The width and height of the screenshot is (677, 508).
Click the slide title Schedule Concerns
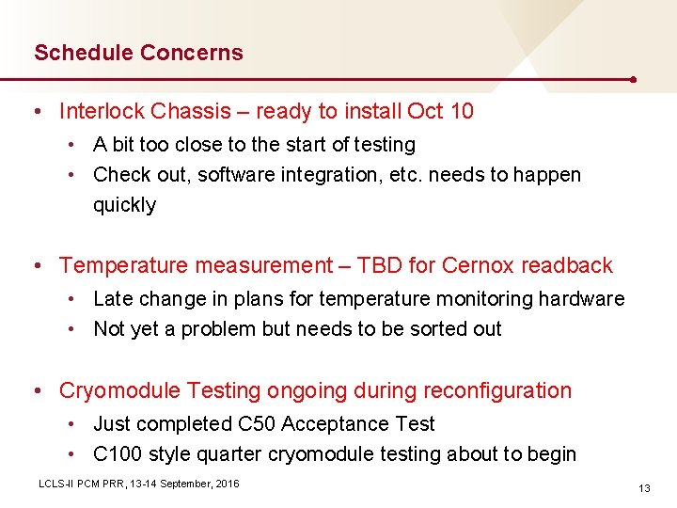pyautogui.click(x=138, y=53)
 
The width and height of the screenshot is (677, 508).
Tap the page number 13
pyautogui.click(x=644, y=488)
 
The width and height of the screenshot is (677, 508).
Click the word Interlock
pyautogui.click(x=100, y=111)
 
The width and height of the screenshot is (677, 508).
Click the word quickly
pyautogui.click(x=124, y=205)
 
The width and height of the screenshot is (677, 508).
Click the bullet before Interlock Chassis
pyautogui.click(x=36, y=112)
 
